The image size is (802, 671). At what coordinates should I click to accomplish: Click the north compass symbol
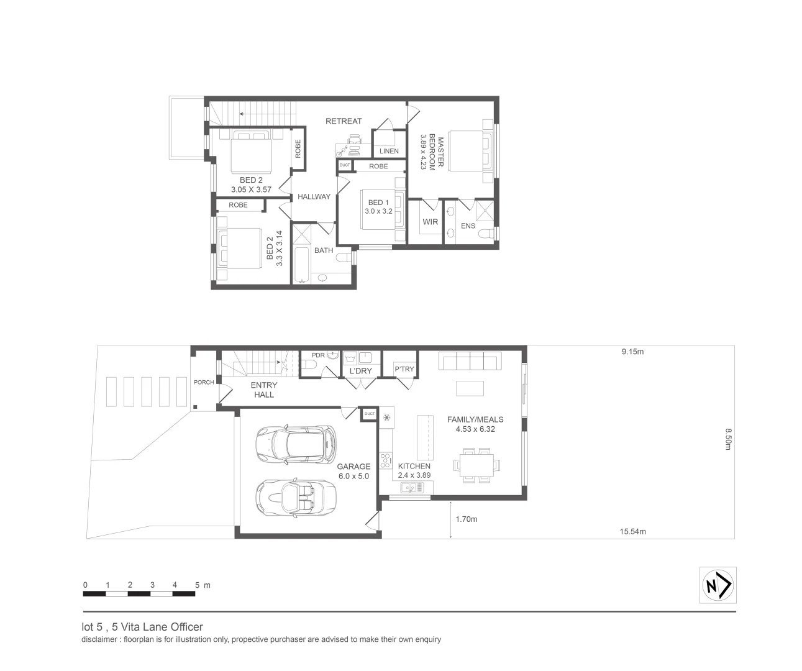click(x=718, y=585)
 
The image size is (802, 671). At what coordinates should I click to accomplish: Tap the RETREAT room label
click(x=344, y=121)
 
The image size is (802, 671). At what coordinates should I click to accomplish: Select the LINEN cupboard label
click(x=389, y=151)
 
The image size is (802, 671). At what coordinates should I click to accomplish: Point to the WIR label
click(x=430, y=222)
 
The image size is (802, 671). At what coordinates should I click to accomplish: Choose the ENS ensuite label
click(x=468, y=226)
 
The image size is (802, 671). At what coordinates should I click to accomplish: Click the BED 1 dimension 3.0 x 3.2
click(x=378, y=211)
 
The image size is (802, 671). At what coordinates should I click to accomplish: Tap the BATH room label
click(x=324, y=250)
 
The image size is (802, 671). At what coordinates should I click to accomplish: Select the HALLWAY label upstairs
click(x=314, y=197)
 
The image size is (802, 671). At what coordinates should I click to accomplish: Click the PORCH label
click(x=204, y=382)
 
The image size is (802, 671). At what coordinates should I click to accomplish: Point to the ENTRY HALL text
click(x=264, y=390)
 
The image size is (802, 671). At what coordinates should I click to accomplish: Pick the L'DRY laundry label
click(x=360, y=371)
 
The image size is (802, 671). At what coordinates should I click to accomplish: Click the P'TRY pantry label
click(x=404, y=369)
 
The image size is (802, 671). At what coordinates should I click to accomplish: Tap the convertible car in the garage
click(x=296, y=496)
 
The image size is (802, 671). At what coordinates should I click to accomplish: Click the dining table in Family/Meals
click(x=477, y=464)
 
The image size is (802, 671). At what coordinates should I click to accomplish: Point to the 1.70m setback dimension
click(x=466, y=519)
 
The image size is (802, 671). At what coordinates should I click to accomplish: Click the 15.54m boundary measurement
click(x=632, y=531)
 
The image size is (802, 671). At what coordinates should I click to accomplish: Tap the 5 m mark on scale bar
click(x=198, y=585)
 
